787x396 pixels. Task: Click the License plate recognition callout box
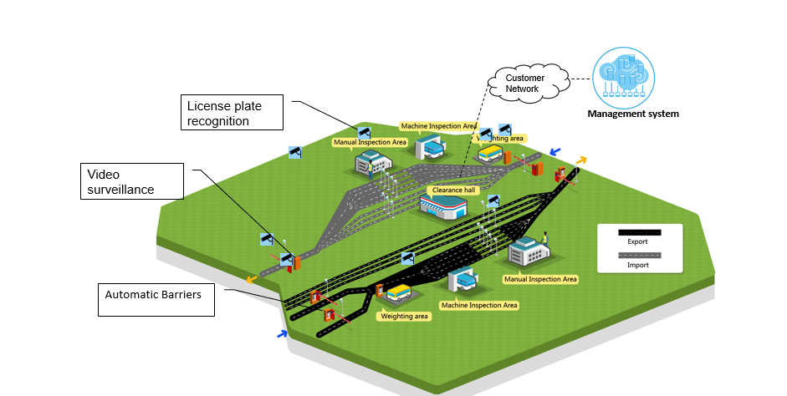coord(233,113)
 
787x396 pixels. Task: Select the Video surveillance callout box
coord(132,180)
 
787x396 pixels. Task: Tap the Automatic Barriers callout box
coord(156,299)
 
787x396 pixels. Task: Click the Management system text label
coord(632,114)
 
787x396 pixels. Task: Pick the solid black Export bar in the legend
coord(639,231)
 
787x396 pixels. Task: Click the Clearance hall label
coord(452,190)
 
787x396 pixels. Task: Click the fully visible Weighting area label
coord(404,317)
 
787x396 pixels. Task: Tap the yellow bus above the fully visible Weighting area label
coord(400,294)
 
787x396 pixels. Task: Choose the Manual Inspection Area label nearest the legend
coord(539,279)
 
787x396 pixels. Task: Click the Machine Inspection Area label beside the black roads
coord(479,305)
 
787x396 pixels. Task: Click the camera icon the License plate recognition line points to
coord(364,132)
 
